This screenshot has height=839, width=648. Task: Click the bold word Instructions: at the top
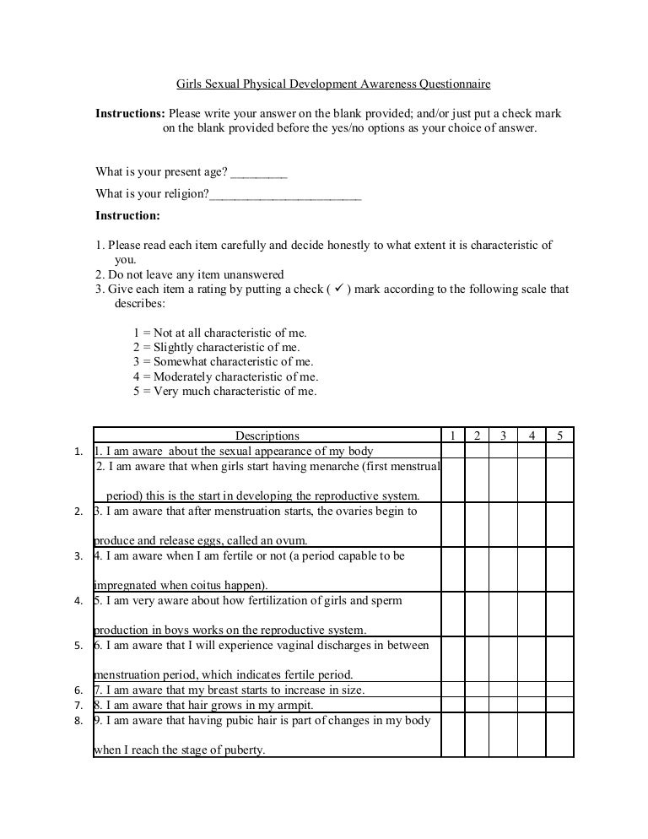130,113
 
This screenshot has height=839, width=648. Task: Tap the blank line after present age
258,173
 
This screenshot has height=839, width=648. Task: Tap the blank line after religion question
285,195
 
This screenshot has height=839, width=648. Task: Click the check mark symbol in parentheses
337,289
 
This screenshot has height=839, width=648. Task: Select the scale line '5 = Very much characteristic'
224,392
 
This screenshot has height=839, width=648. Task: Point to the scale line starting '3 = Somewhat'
223,362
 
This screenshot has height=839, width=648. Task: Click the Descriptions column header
267,436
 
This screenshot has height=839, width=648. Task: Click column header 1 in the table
452,436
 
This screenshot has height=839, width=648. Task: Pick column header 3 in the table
503,436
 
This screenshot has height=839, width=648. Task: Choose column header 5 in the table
559,436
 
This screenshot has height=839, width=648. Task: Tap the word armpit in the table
294,705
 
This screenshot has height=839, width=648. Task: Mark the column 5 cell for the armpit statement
559,705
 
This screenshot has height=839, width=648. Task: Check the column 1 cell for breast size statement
452,690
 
